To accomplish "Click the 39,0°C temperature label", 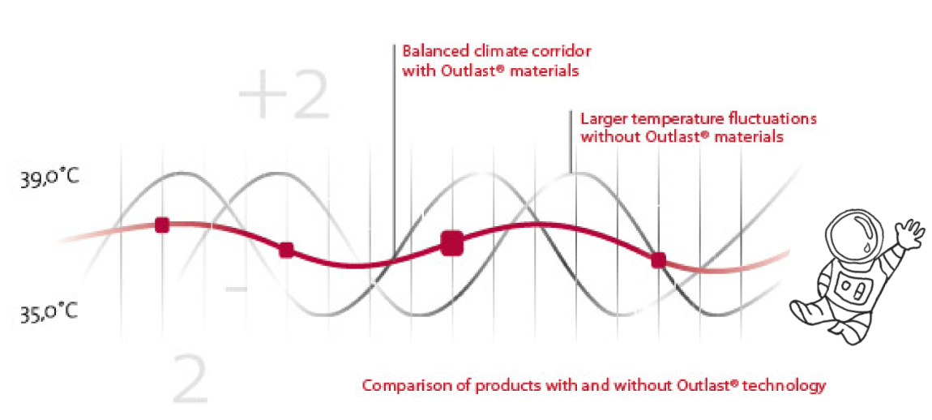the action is coord(49,179).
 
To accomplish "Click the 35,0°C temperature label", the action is coord(49,311).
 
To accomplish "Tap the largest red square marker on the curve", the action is coord(451,243).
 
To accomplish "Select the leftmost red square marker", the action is coord(162,225).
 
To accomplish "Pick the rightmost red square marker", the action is coord(658,260).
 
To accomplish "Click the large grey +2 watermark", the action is coord(284,95).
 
